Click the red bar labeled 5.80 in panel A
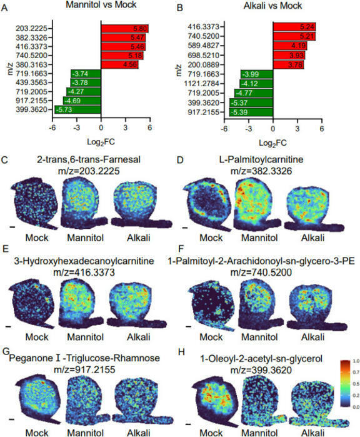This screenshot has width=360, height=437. pos(125,29)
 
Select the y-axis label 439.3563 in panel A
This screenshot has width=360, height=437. pos(32,82)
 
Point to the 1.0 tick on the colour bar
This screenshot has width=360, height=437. pos(351,361)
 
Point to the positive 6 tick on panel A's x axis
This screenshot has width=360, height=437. pos(150,129)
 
